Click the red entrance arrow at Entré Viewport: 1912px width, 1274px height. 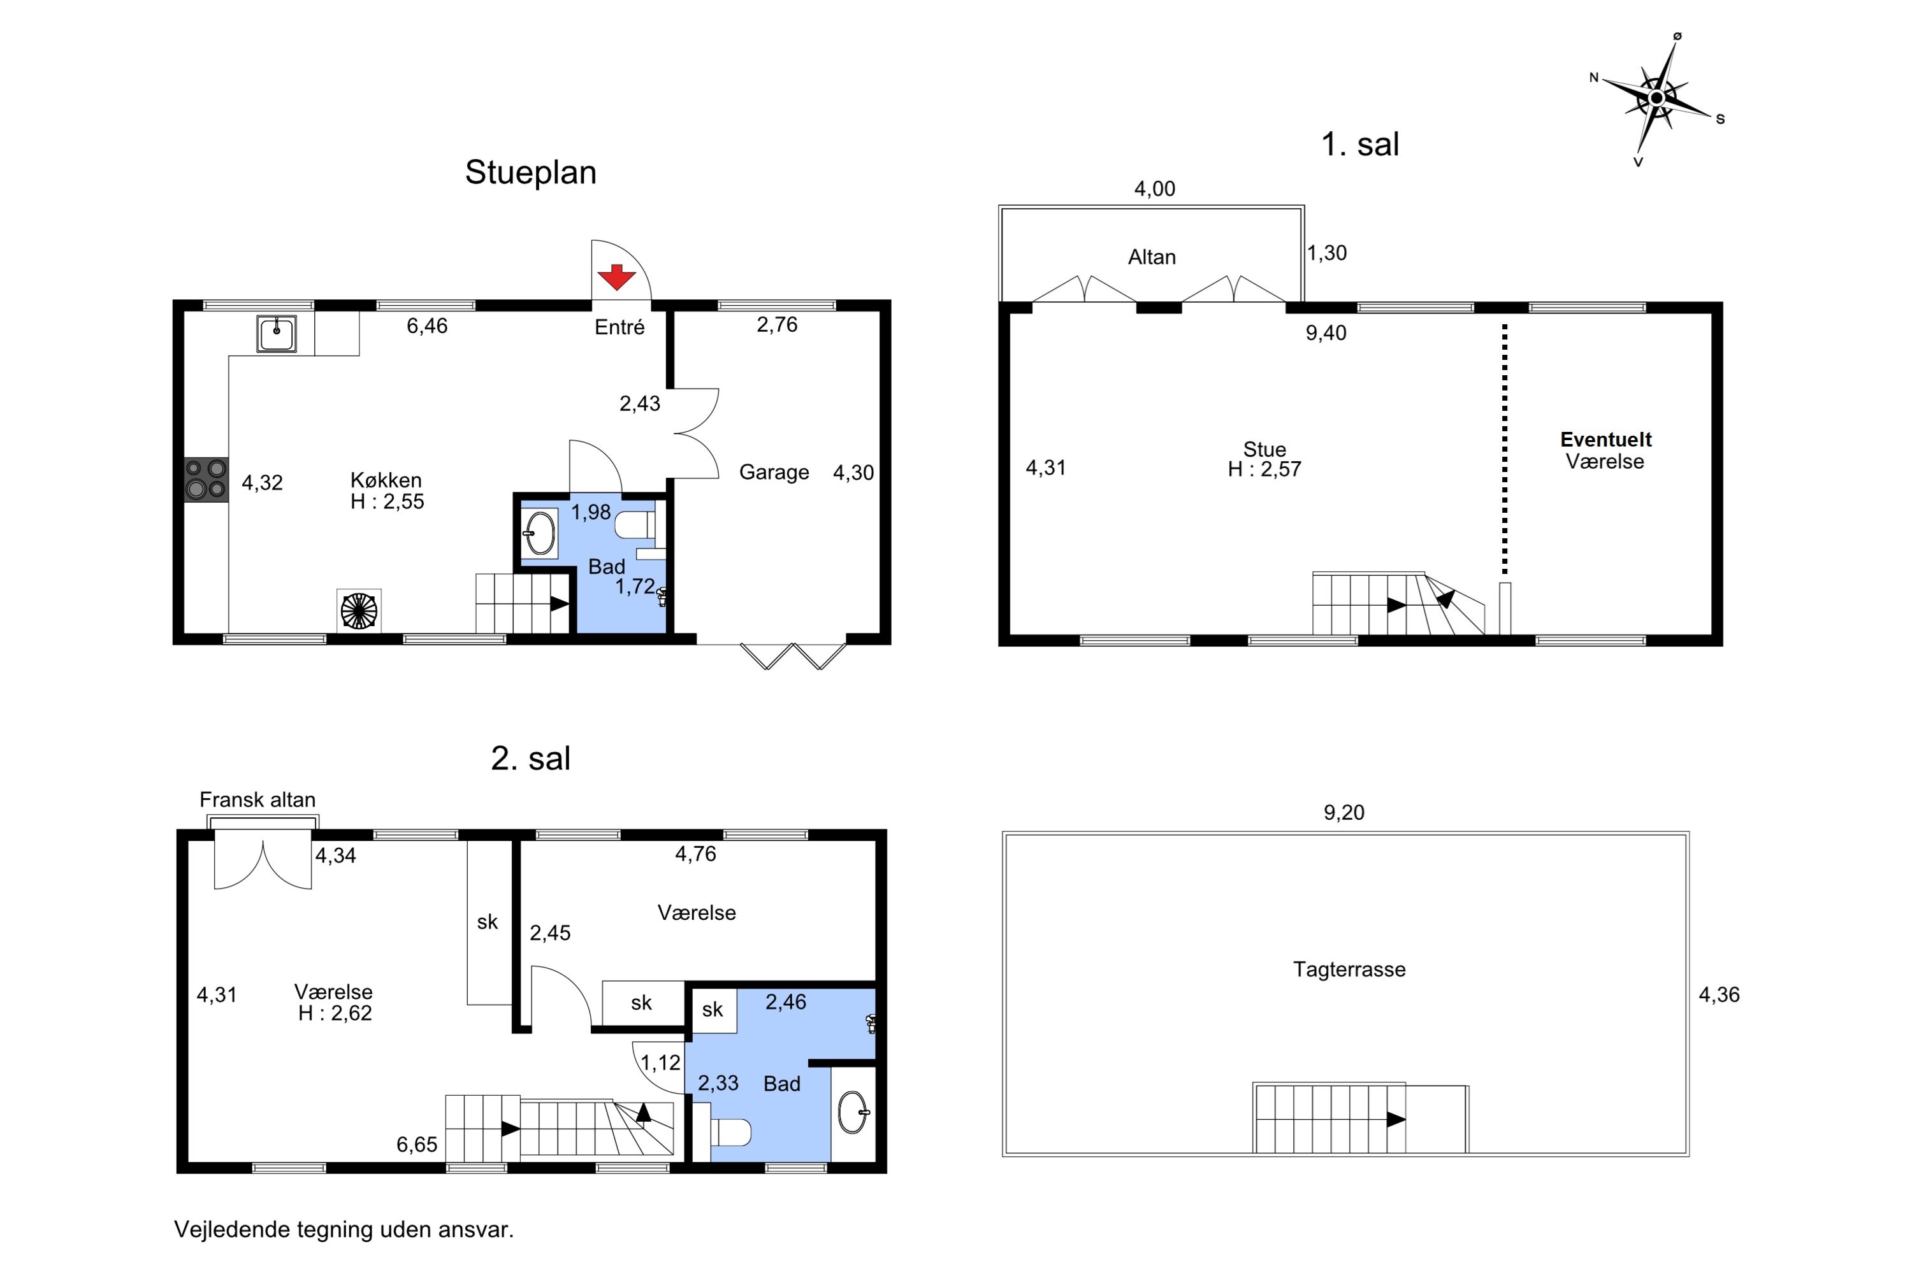[616, 277]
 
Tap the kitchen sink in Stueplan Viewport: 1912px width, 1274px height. [277, 334]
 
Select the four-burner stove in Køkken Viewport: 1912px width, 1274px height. [206, 480]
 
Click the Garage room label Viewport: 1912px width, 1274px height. [774, 472]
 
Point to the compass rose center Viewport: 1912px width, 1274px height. [1656, 98]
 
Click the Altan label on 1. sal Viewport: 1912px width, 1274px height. [1152, 257]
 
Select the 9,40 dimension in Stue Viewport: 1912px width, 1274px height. [1326, 333]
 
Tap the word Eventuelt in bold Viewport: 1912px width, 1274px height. [1605, 440]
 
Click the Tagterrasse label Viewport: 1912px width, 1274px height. [1349, 970]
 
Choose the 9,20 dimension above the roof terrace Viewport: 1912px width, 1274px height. [1343, 813]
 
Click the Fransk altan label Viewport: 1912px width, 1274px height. [257, 799]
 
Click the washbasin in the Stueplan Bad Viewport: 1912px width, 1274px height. [540, 534]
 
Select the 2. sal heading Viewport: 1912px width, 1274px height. [531, 758]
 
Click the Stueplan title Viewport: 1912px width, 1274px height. [531, 172]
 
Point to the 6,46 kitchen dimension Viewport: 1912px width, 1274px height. [427, 326]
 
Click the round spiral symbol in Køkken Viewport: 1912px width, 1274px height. [358, 611]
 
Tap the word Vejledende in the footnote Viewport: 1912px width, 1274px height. [233, 1229]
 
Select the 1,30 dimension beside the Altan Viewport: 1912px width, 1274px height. [1327, 253]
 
